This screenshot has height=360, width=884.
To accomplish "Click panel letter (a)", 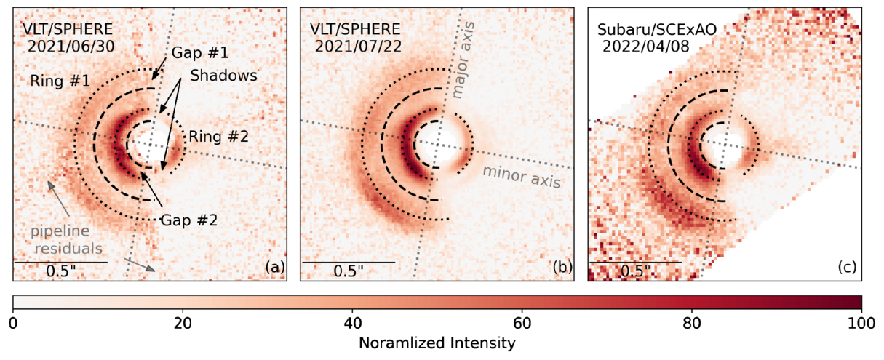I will pos(274,267).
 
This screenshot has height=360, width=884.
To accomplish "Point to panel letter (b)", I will pos(562,267).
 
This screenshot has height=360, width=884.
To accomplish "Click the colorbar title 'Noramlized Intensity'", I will pos(437,341).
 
